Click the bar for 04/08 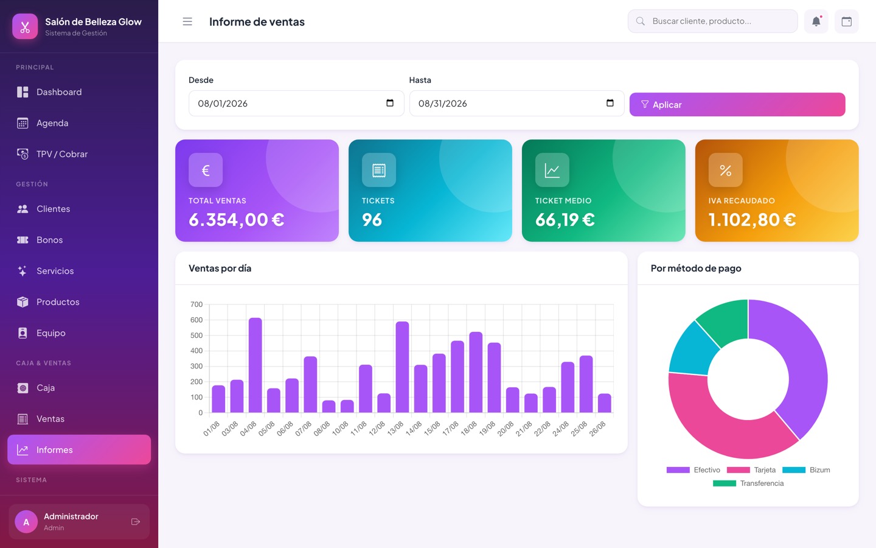point(255,365)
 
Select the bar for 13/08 point(403,367)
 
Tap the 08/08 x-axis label point(322,428)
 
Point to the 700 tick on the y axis point(196,304)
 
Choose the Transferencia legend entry point(748,483)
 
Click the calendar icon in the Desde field point(390,103)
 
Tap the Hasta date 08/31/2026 point(443,104)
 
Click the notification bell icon point(816,21)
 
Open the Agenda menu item point(52,123)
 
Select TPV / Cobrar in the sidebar point(62,154)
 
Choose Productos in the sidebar point(58,302)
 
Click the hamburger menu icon point(187,21)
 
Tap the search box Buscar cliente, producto point(712,21)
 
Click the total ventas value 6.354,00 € point(237,220)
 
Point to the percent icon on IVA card point(725,170)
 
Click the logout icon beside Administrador point(135,521)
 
